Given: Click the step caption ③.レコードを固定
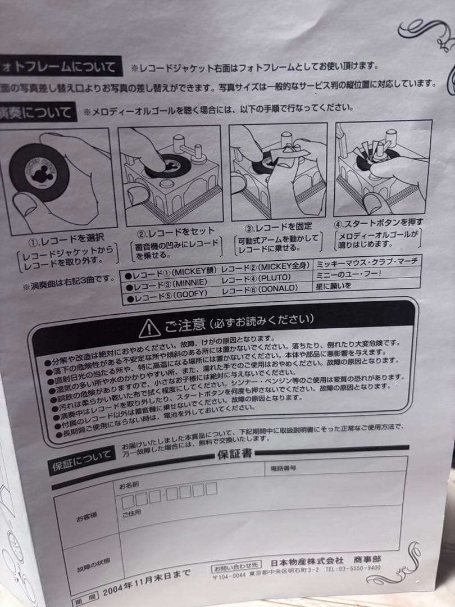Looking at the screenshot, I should click(x=275, y=228).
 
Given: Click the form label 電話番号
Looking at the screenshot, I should click(x=284, y=468).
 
